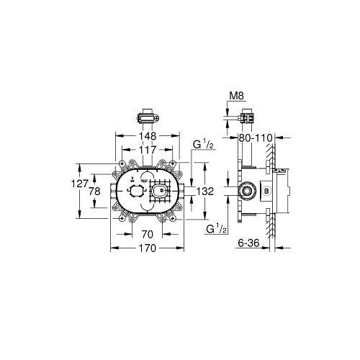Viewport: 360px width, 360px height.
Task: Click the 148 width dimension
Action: pyautogui.click(x=148, y=136)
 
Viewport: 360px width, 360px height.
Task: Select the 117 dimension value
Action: pyautogui.click(x=148, y=150)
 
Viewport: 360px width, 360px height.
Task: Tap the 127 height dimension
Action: pyautogui.click(x=80, y=184)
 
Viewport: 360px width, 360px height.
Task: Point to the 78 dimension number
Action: pyautogui.click(x=94, y=192)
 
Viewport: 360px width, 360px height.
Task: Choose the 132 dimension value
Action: pyautogui.click(x=205, y=192)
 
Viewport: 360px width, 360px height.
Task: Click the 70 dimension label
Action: pyautogui.click(x=147, y=234)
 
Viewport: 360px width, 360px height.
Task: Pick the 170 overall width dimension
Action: pyautogui.click(x=148, y=248)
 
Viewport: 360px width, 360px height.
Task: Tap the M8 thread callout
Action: pyautogui.click(x=237, y=96)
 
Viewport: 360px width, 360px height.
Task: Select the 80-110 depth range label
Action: pyautogui.click(x=255, y=138)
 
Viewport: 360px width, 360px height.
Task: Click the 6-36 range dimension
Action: pyautogui.click(x=248, y=243)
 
